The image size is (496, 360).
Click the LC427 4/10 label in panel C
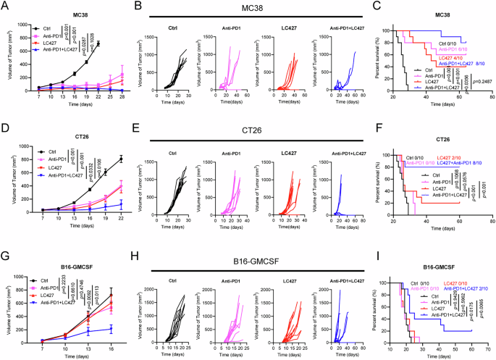453,57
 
